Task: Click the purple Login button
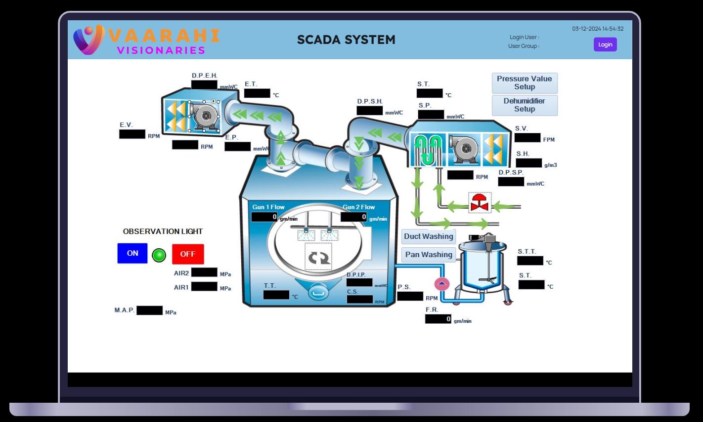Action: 605,44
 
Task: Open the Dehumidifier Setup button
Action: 525,105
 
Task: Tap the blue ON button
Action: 132,253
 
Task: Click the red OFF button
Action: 188,254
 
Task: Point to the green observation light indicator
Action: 159,255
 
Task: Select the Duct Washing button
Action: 428,236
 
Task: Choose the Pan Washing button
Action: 429,255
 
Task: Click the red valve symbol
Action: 480,203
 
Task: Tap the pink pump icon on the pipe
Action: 441,284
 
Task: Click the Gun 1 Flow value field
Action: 265,217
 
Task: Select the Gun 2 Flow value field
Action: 354,217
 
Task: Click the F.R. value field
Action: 438,319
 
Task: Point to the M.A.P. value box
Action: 149,310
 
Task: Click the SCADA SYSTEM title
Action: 346,40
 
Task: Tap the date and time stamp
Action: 598,29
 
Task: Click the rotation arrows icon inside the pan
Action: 319,257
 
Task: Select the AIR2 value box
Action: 204,272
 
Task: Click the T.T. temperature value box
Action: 276,295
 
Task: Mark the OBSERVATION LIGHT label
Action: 163,231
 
